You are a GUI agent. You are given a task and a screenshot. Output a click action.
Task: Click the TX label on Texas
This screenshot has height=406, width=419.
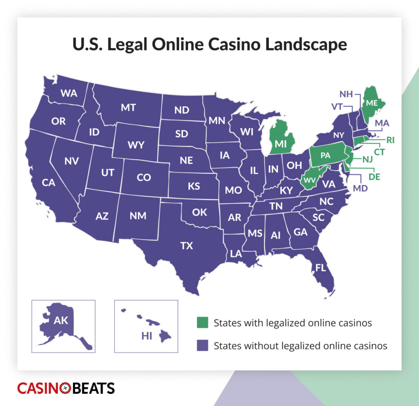187,246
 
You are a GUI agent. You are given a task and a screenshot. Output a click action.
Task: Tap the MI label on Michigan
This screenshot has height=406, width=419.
280,144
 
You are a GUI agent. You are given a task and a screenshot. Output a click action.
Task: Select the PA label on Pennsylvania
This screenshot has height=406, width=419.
326,155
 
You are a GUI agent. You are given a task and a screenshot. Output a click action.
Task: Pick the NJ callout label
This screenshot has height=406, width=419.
367,159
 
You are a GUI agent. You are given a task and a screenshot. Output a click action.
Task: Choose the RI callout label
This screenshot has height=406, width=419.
391,140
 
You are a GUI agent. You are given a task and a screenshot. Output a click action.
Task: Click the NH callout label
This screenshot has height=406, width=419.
346,94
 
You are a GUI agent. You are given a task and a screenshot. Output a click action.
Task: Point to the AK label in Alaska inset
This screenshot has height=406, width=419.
61,320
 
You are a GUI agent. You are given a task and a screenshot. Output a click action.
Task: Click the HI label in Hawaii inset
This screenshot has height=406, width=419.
146,336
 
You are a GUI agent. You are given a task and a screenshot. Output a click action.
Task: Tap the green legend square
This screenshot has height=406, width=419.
202,323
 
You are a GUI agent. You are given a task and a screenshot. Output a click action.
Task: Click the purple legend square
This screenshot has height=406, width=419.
202,345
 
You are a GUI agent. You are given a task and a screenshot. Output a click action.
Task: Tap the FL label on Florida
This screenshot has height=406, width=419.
321,268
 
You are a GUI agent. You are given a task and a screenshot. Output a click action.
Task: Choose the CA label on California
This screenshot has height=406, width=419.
48,183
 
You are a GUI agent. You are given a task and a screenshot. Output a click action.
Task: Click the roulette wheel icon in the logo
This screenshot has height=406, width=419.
65,388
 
